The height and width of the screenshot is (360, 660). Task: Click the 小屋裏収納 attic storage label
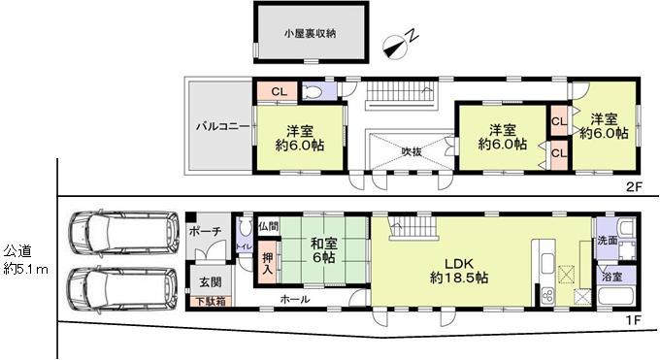[x=310, y=34]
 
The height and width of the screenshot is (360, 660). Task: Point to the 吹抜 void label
[x=412, y=151]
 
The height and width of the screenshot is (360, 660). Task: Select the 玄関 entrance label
[x=210, y=281]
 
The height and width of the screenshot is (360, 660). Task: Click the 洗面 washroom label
[x=608, y=241]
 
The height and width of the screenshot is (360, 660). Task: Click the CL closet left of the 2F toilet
[x=279, y=91]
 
